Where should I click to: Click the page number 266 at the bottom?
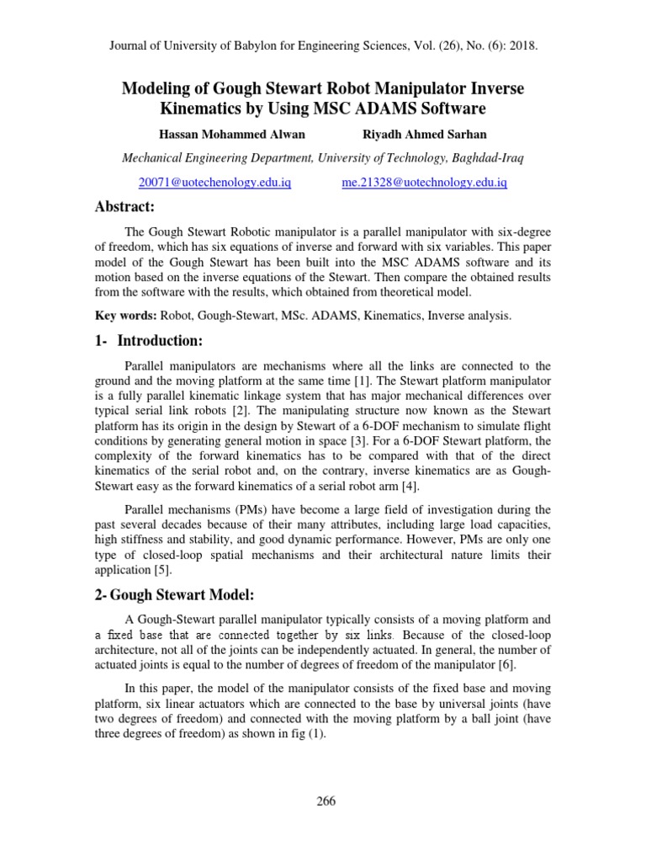coord(326,801)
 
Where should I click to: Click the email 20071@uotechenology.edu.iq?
coord(215,182)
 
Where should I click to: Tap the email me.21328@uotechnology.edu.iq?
coord(424,182)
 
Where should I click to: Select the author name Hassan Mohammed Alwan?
coord(220,135)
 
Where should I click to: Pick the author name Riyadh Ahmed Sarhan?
coord(425,135)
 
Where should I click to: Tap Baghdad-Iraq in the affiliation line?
coord(490,157)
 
